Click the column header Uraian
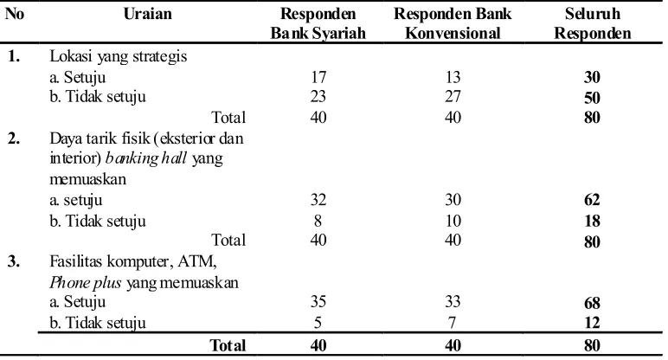[147, 14]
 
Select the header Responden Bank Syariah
[318, 23]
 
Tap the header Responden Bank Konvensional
[453, 23]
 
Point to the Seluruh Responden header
[592, 23]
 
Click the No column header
[15, 14]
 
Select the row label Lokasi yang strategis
[118, 56]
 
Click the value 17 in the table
[318, 77]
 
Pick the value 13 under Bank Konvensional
[453, 77]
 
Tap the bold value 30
[592, 77]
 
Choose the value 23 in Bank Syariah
[318, 96]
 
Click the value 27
[453, 96]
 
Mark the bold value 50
[592, 98]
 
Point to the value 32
[318, 200]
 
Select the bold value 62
[592, 200]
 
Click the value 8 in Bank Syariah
[318, 222]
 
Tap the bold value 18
[592, 222]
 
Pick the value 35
[318, 302]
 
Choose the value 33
[453, 302]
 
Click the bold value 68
[592, 303]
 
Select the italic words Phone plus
[85, 283]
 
